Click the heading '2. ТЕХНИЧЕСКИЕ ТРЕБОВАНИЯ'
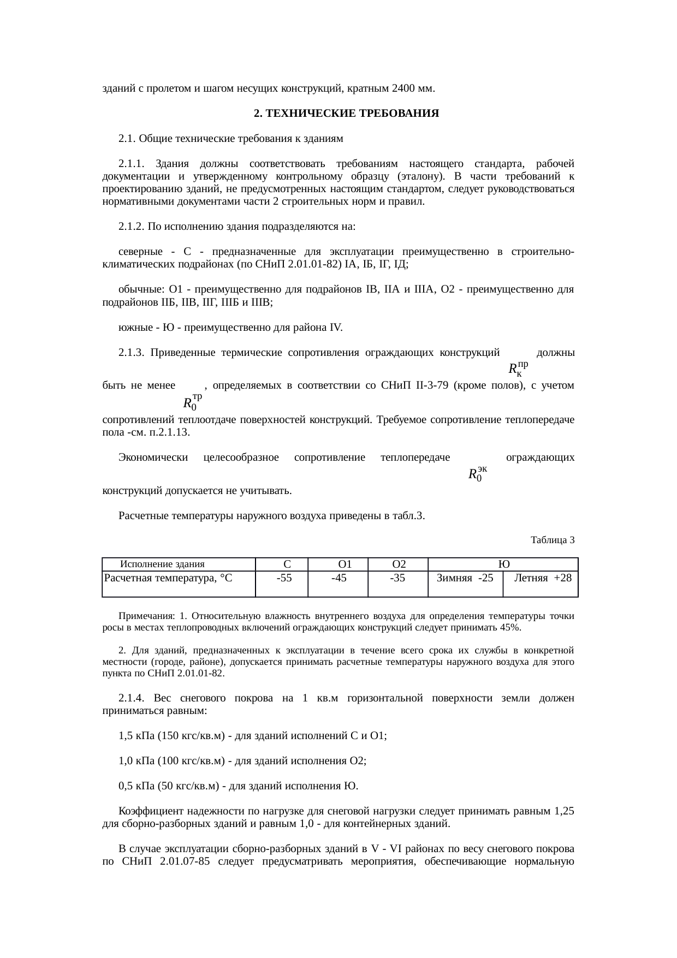346,114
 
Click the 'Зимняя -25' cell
465,578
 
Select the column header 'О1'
344,564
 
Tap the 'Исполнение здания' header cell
162,564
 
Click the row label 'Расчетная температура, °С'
168,578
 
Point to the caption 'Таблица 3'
552,540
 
